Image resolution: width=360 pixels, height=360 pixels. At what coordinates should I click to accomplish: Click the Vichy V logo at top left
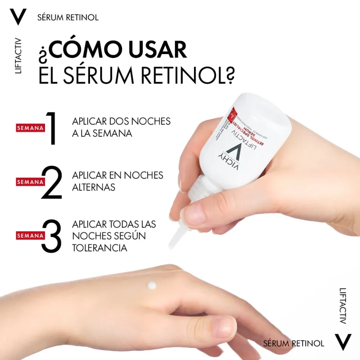[x=18, y=17]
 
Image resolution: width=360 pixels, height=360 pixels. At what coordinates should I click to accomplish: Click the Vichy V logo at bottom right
[x=343, y=343]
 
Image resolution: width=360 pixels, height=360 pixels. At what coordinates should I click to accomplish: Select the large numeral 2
[x=51, y=182]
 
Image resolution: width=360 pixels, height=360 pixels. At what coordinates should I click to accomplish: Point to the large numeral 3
[x=51, y=235]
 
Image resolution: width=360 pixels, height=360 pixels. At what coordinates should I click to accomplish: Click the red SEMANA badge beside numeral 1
[x=30, y=128]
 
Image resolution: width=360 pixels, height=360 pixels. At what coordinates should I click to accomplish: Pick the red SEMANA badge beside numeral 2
[x=30, y=182]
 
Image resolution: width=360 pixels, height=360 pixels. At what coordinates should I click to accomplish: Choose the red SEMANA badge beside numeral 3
[x=30, y=235]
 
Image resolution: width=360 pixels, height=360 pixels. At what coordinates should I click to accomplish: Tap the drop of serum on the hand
[x=152, y=285]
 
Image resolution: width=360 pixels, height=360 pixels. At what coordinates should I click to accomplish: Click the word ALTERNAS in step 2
[x=94, y=187]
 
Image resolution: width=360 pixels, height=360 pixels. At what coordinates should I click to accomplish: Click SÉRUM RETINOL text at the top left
[x=68, y=18]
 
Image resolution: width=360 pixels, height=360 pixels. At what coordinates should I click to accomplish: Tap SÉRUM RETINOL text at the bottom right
[x=293, y=343]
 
